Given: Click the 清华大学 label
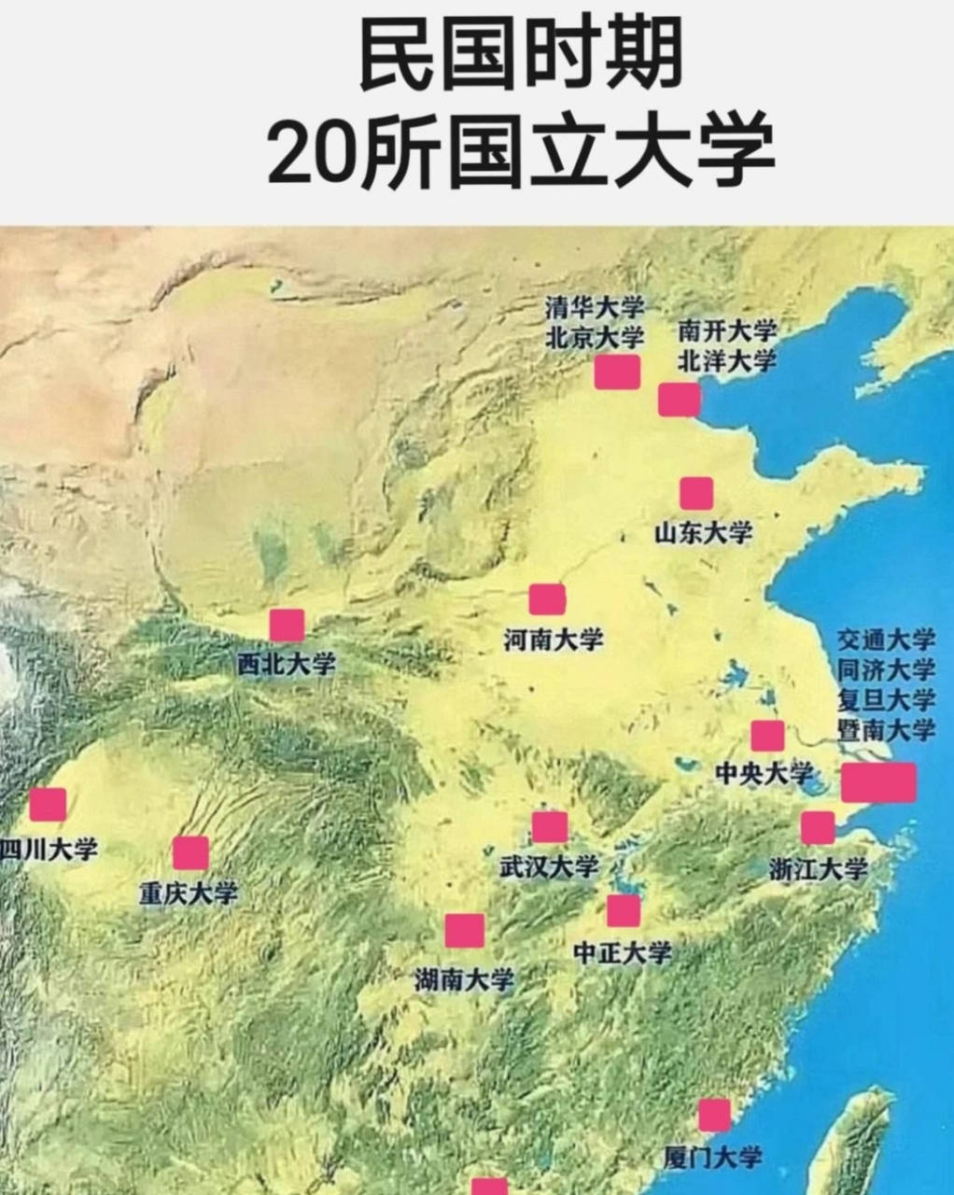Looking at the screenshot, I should [595, 307].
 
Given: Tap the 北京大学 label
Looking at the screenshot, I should [595, 337].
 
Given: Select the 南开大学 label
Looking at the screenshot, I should [727, 330].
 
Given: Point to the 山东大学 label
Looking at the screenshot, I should [703, 533].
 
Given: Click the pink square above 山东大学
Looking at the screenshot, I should [696, 493].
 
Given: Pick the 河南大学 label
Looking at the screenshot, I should [553, 640].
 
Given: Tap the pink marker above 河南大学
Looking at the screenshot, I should [547, 598].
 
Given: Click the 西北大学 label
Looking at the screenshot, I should [286, 664].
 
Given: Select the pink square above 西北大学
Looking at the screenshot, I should [287, 625].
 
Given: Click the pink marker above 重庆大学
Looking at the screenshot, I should [190, 852].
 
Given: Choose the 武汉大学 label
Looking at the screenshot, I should [549, 866].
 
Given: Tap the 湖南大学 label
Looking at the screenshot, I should [464, 979].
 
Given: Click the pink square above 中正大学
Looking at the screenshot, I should [624, 910].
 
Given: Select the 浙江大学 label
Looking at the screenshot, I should [819, 869].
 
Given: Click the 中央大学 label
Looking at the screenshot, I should [764, 774].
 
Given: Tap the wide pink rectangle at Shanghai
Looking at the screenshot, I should [878, 782].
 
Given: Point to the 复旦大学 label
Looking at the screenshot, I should [886, 699].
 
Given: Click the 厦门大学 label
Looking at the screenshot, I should [713, 1158].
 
